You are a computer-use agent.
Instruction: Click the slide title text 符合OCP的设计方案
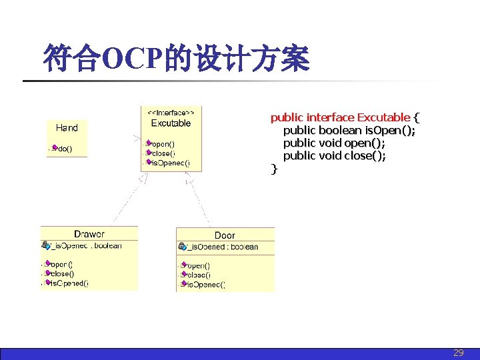click(176, 59)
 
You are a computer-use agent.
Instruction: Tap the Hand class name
click(67, 128)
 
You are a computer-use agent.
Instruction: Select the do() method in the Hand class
click(64, 149)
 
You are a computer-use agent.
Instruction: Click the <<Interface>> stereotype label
click(171, 113)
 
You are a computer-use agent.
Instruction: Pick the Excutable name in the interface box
click(171, 123)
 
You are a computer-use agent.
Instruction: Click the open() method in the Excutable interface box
click(163, 143)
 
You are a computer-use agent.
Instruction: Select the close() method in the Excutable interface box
click(163, 153)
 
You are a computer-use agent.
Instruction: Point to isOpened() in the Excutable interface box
click(170, 162)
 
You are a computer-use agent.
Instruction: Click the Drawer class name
click(89, 234)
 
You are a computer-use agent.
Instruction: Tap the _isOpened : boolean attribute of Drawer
click(87, 246)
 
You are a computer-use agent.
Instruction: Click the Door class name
click(225, 235)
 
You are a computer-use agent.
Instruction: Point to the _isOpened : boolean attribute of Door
click(222, 247)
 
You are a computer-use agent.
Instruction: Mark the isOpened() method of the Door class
click(205, 285)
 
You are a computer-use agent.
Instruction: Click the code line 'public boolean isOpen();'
click(349, 131)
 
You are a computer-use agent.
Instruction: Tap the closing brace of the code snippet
click(273, 169)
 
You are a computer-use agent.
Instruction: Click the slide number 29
click(458, 353)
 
